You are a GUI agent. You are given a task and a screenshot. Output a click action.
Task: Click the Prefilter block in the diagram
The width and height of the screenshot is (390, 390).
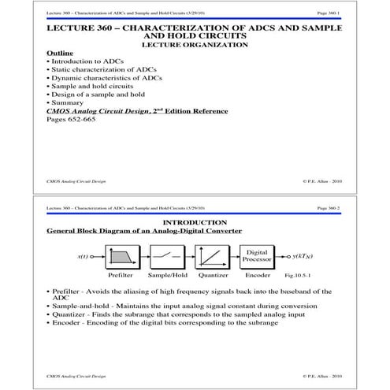click(x=125, y=257)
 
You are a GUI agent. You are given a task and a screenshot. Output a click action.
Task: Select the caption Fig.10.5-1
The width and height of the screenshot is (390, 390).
click(x=304, y=277)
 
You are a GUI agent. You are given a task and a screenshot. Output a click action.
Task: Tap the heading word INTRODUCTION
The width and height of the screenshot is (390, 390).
click(x=194, y=223)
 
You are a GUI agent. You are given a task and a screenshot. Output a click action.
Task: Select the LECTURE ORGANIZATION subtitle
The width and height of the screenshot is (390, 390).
click(x=194, y=44)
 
